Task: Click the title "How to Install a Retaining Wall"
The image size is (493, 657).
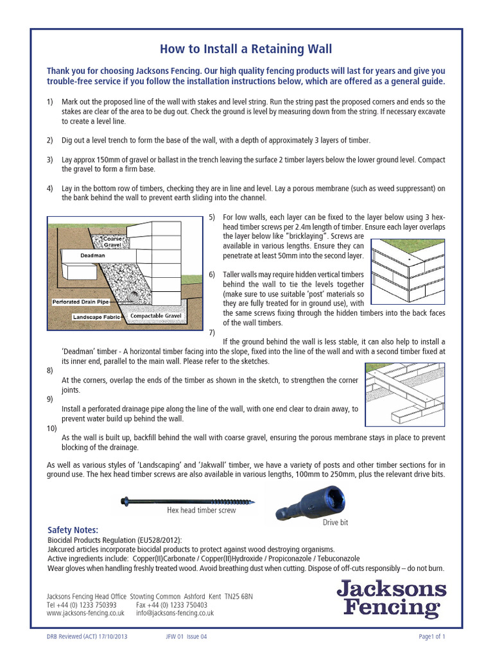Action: [x=246, y=49]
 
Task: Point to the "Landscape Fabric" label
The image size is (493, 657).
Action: [x=96, y=317]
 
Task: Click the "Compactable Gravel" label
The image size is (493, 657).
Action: [x=156, y=316]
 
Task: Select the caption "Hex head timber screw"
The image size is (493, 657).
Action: [x=201, y=511]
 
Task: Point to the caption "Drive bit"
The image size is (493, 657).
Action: [x=335, y=523]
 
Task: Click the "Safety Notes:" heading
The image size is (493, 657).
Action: [x=73, y=530]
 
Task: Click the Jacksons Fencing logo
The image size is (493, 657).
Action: [x=392, y=598]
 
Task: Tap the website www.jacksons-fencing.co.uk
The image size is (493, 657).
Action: [x=85, y=613]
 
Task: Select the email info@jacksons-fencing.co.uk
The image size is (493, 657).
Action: [x=175, y=613]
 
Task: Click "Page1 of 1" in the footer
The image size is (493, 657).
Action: [x=431, y=636]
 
